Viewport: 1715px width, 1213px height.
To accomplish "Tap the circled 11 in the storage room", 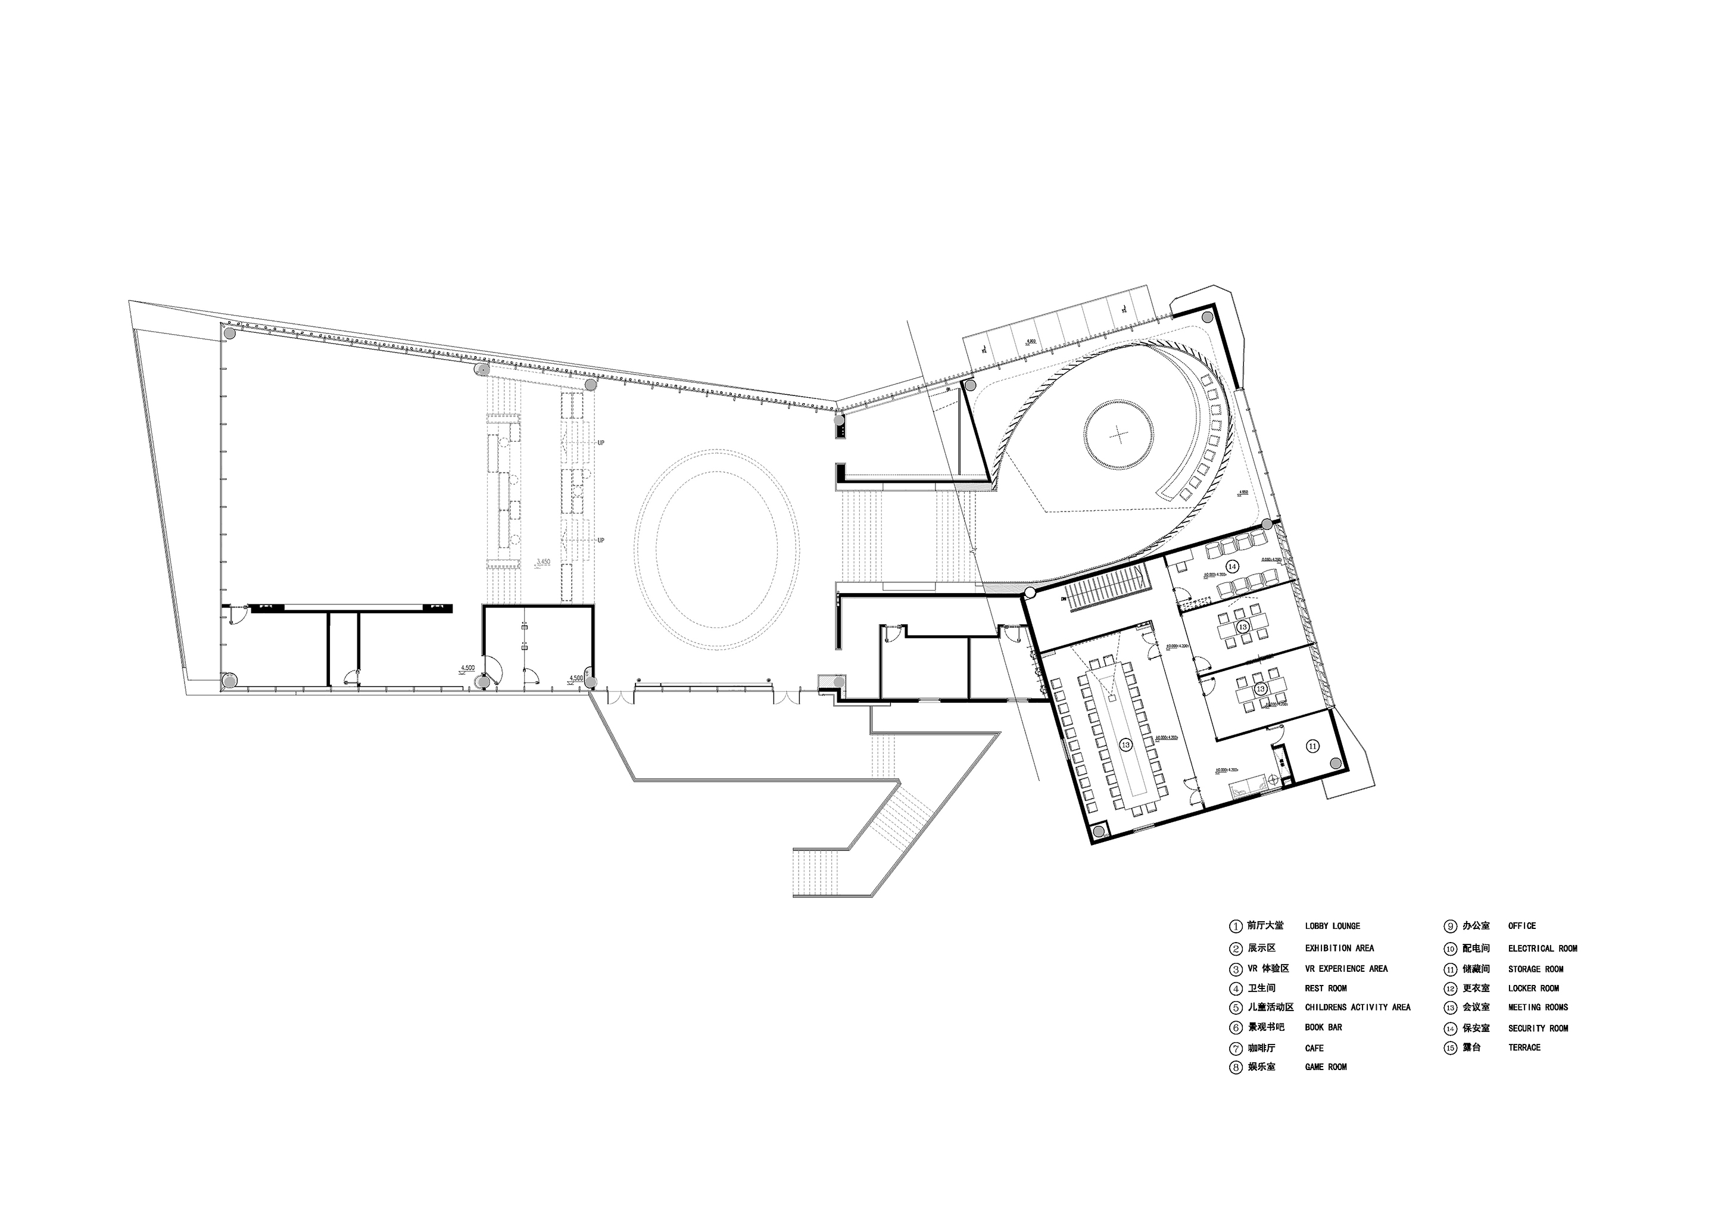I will click(x=1313, y=746).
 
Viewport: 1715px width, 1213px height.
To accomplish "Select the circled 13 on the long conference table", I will click(x=1125, y=745).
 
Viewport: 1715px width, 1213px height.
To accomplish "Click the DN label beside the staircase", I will click(x=1063, y=598).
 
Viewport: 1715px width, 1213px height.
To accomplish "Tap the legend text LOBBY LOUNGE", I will click(x=1333, y=926).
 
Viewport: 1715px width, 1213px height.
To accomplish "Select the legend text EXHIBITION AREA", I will click(x=1339, y=949).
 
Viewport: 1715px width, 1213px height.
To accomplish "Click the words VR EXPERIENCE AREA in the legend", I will click(x=1346, y=969).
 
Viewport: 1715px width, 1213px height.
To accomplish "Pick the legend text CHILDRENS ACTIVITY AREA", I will click(x=1357, y=1008).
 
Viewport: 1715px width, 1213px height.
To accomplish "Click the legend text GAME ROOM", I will click(x=1326, y=1067).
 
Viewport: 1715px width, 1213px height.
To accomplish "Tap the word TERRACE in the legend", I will click(x=1524, y=1048).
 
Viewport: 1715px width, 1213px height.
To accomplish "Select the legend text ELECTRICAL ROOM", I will click(x=1542, y=949).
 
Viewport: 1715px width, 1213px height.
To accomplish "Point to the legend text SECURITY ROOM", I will click(x=1538, y=1028).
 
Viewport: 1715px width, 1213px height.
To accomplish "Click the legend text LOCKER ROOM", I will click(x=1533, y=988).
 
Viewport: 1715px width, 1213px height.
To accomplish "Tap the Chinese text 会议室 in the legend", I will click(x=1476, y=1008).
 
